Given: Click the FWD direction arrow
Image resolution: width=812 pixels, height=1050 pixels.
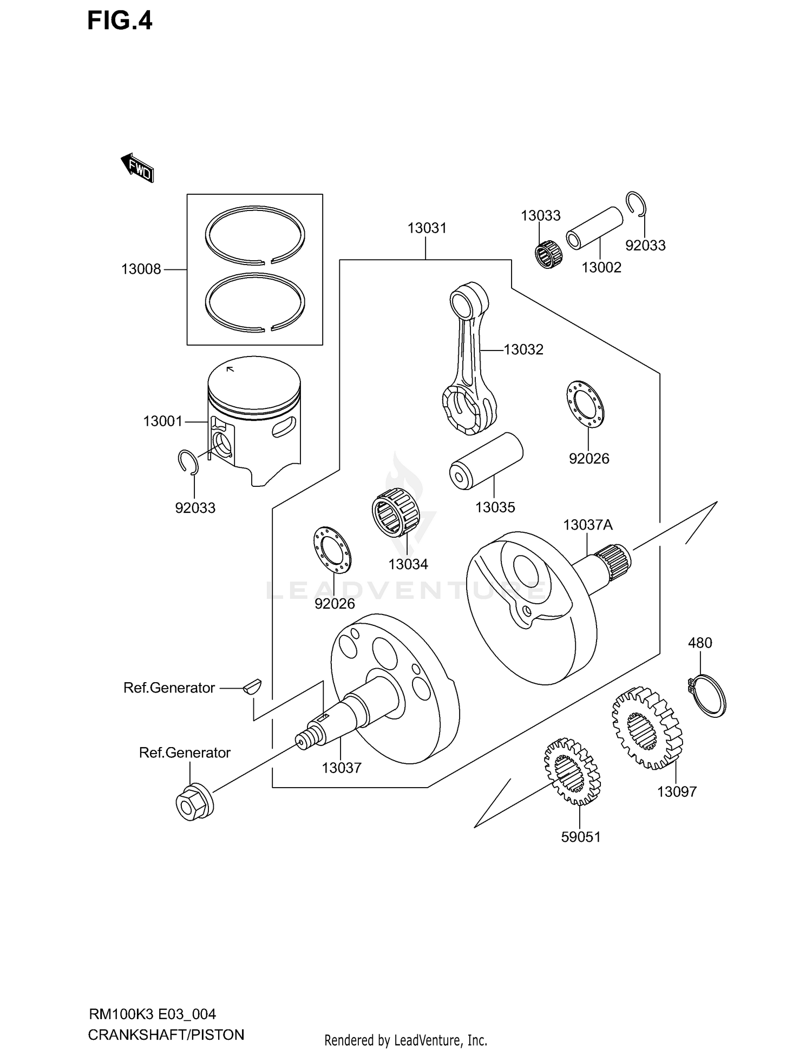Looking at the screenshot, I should click(x=137, y=168).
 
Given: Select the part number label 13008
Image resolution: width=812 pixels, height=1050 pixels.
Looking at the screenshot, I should click(x=141, y=269).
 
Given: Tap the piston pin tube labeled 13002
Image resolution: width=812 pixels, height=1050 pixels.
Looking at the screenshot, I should click(x=594, y=228).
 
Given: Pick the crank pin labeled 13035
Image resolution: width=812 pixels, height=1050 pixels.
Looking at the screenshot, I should click(x=486, y=461).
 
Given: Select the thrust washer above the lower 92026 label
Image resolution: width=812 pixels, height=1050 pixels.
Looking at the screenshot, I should click(x=332, y=550).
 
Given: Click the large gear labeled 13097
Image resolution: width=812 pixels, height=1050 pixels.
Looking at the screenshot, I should click(x=647, y=728).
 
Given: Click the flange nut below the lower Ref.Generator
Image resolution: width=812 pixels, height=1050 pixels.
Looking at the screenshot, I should click(x=194, y=802).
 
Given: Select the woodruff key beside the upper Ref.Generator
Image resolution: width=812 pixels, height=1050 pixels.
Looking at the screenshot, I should click(x=252, y=686).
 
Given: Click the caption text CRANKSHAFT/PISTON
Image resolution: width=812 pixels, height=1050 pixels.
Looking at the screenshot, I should click(x=166, y=1034).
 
